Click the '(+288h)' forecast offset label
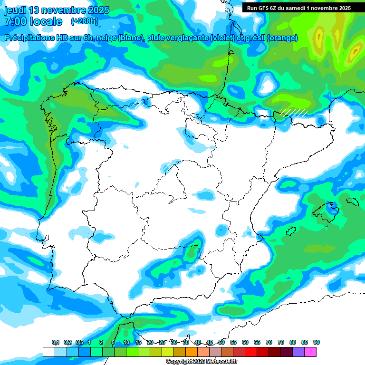(84, 21)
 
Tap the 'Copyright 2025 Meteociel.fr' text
(202, 362)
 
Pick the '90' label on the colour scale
(317, 342)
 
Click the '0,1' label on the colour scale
(55, 342)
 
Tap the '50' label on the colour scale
(221, 342)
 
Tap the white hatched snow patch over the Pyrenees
(293, 112)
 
